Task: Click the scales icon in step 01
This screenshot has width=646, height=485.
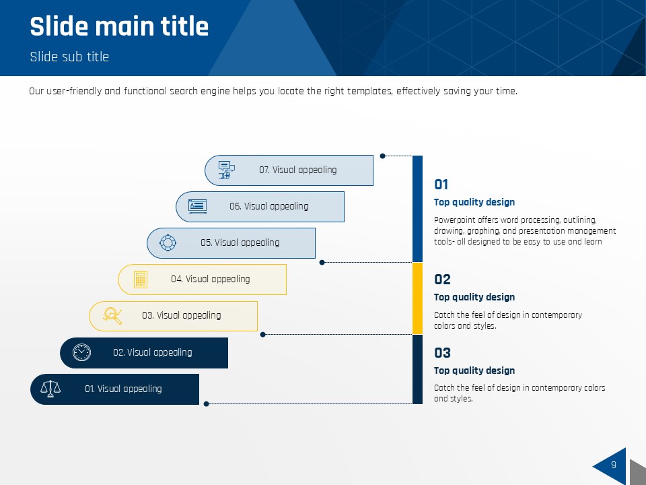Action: (50, 389)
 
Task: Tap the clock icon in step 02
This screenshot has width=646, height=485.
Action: (81, 352)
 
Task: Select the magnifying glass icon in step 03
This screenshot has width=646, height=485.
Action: (112, 316)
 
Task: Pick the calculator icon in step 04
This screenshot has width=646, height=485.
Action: (141, 279)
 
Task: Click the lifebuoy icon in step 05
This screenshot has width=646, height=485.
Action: (168, 243)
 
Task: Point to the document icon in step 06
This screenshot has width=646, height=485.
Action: (197, 206)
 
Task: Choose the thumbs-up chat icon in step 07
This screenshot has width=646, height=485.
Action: (226, 170)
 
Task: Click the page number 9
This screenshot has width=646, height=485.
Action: (614, 465)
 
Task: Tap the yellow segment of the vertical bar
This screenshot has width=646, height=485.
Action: (417, 298)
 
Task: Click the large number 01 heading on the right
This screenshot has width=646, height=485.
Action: (441, 185)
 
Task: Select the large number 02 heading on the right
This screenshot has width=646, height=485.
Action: (442, 279)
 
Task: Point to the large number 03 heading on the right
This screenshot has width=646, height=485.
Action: (442, 352)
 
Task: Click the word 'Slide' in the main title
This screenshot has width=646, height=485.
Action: (59, 26)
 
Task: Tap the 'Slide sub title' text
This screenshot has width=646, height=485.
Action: (69, 57)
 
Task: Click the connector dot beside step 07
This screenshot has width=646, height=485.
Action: (382, 156)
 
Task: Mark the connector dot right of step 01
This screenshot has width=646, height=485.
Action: (207, 403)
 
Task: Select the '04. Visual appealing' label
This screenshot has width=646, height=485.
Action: (211, 279)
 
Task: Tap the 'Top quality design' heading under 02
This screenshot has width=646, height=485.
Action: (474, 297)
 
